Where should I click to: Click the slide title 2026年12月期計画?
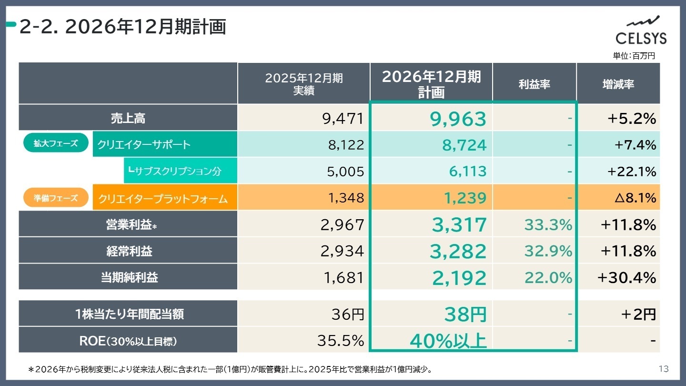coord(122,28)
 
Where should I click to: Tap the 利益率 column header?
coord(534,84)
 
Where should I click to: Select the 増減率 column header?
coord(618,84)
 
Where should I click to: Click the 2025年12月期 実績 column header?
coord(303,84)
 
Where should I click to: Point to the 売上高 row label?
coord(128,119)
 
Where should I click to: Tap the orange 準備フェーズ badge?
coord(56,198)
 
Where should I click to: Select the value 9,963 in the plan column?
coord(458,119)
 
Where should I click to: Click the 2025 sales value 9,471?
coord(343,119)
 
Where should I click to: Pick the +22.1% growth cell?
coord(632,171)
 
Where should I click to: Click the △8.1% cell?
coord(635,198)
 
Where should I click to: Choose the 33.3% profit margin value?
coord(548,224)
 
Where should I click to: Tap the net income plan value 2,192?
coord(459,278)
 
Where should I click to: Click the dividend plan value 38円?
coord(465,315)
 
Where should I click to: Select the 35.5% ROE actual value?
coord(340,341)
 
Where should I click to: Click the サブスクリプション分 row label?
coord(175,171)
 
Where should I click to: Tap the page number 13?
coord(663,369)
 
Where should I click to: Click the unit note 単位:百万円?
coord(634,56)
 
